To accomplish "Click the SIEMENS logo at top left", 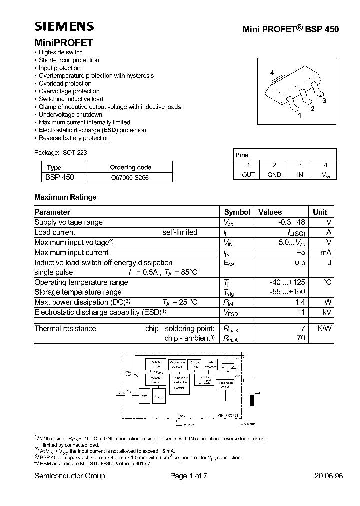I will coord(64,27).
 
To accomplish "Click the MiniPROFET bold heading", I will coord(63,43).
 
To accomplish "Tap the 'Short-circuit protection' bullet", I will coord(69,60).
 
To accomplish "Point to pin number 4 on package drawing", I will coord(272,73).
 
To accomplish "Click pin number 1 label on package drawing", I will coord(299,115).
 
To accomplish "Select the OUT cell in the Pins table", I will coord(248,174).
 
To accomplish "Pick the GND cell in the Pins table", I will coord(274,174).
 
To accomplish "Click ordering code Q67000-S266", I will coord(129,177).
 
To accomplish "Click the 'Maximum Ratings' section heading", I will coord(65,197).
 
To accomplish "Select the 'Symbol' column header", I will coord(237,212).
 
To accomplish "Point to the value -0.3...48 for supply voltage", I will coord(292,222).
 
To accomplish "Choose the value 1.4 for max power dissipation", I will coord(300,302).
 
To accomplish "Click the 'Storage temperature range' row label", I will coord(78,292).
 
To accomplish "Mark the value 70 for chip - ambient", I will coord(300,338).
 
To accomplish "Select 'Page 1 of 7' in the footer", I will coord(188,476).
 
